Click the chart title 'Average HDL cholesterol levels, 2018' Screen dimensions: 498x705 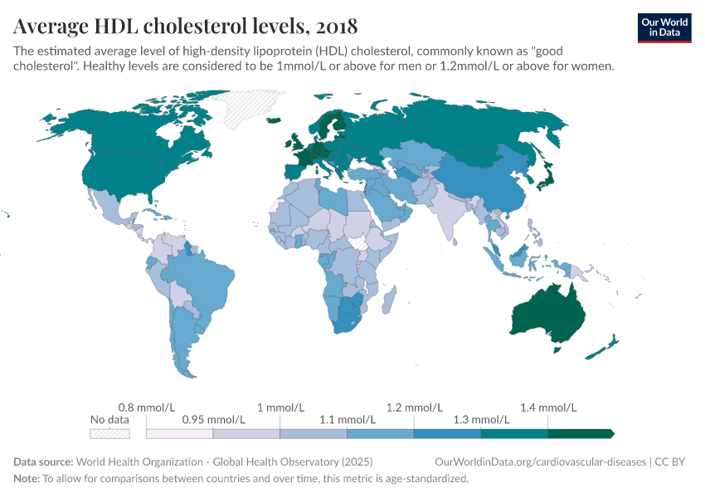(x=186, y=24)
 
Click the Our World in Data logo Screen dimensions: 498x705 (x=664, y=27)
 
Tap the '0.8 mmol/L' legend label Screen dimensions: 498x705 (x=147, y=408)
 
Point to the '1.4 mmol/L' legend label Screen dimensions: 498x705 (x=547, y=408)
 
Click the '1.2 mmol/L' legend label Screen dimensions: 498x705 (x=414, y=408)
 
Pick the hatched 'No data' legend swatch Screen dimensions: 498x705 (x=109, y=433)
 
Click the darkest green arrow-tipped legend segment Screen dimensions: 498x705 (x=580, y=433)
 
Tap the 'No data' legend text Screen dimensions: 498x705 (x=109, y=420)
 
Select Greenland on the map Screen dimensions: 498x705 (x=245, y=108)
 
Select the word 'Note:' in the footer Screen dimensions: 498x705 (x=27, y=479)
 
